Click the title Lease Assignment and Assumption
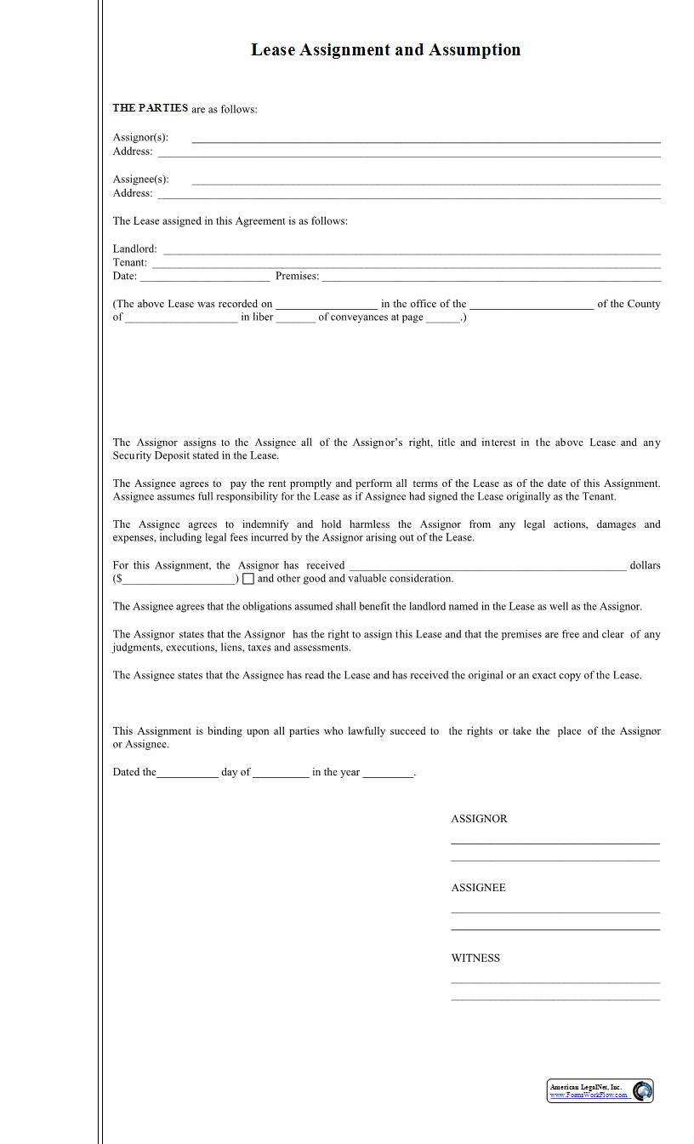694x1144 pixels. point(385,50)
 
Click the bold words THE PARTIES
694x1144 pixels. point(151,108)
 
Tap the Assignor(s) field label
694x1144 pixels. point(140,137)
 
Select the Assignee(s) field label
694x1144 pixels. point(140,180)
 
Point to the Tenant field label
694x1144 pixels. point(129,262)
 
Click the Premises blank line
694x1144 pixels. point(491,278)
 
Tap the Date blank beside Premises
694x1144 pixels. point(204,278)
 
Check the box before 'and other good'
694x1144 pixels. point(248,579)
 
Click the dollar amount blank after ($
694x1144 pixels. point(179,581)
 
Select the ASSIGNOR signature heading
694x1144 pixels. point(479,819)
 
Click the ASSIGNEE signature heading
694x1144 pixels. point(478,888)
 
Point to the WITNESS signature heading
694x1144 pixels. point(475,958)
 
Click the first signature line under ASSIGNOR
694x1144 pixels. point(555,843)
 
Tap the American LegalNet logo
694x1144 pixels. point(600,1090)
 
